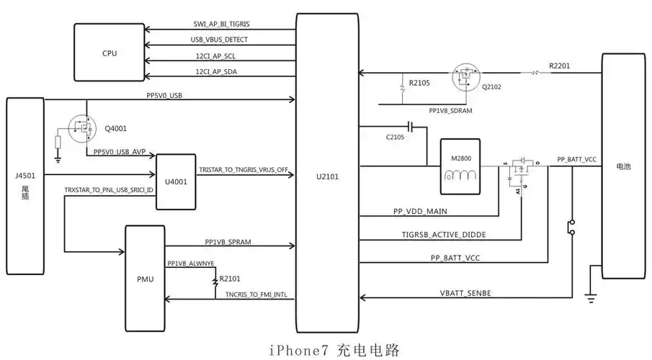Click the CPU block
pos(110,52)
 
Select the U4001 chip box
pos(176,181)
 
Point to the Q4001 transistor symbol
pos(83,129)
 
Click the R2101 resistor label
pos(231,278)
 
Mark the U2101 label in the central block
pos(328,174)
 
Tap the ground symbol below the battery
pos(590,297)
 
